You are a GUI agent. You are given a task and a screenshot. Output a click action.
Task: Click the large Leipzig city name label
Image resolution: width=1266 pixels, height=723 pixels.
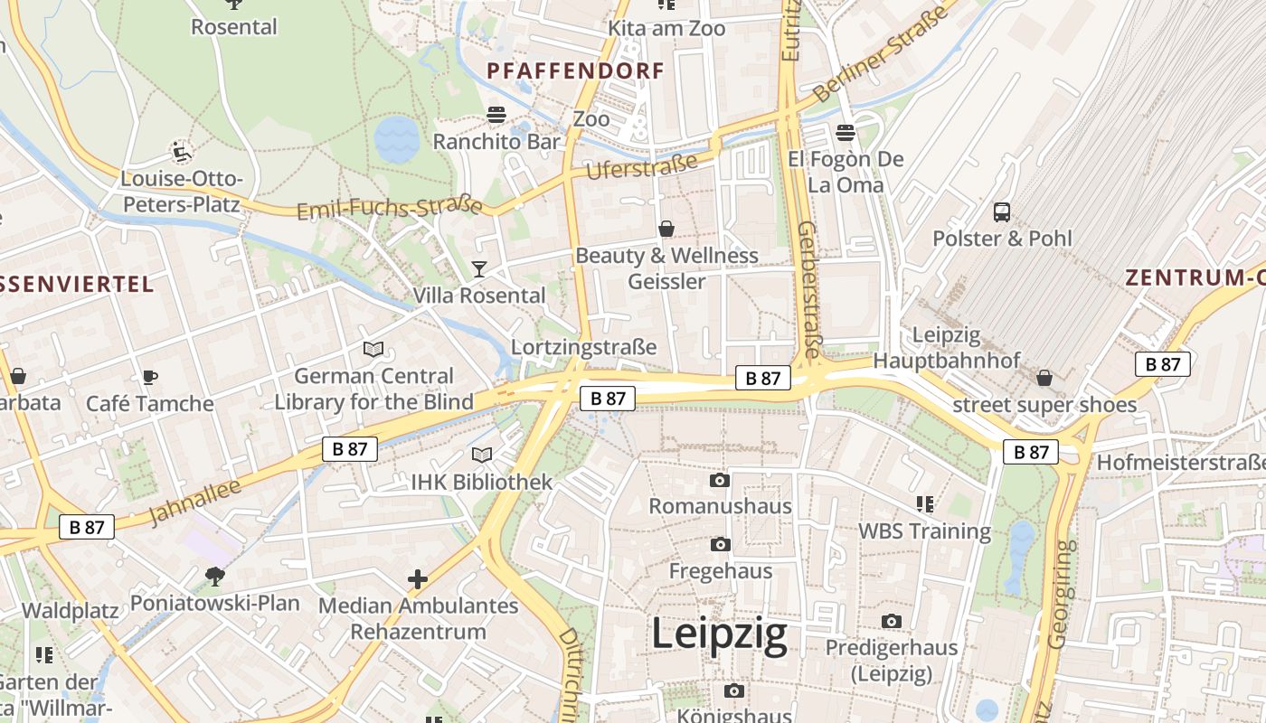[719, 634]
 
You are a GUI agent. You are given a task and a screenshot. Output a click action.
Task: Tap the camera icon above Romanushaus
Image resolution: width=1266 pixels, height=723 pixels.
[720, 480]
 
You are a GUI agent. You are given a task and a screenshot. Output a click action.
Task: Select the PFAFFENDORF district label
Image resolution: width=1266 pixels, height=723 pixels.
[575, 70]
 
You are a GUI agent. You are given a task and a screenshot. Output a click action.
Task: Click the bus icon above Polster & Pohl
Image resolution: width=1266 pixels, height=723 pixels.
[1002, 212]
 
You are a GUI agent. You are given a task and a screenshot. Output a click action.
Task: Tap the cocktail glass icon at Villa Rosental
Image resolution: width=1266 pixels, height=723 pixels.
[478, 268]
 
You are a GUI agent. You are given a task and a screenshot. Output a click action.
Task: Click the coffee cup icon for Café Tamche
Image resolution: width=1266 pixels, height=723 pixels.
[150, 377]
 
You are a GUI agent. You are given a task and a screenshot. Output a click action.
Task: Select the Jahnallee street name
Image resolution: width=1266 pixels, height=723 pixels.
[194, 502]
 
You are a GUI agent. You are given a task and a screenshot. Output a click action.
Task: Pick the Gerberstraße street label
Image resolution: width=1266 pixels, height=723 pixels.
[808, 289]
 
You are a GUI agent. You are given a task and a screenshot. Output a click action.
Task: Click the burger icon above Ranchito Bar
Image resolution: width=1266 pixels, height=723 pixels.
[496, 115]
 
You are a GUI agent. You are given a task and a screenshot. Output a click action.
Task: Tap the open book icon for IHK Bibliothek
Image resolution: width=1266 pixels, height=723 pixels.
[482, 455]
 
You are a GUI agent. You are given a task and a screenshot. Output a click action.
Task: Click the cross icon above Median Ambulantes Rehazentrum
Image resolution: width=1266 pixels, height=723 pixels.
[418, 578]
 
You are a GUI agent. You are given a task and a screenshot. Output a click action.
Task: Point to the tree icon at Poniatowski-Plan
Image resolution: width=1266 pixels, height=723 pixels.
[215, 575]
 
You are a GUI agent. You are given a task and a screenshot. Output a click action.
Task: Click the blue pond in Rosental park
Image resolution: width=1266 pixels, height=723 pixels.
[396, 138]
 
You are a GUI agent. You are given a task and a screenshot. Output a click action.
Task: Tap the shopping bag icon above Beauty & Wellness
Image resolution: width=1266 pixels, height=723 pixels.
[666, 229]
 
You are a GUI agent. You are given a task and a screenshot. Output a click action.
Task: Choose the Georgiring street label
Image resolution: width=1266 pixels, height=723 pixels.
[1062, 594]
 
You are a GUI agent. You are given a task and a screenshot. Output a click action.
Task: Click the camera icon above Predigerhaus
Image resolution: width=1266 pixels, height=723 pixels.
[892, 621]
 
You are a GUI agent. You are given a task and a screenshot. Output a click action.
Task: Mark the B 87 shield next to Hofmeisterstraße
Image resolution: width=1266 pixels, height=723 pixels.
[1030, 452]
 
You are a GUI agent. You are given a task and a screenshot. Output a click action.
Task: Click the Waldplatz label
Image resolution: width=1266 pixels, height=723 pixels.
[70, 611]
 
